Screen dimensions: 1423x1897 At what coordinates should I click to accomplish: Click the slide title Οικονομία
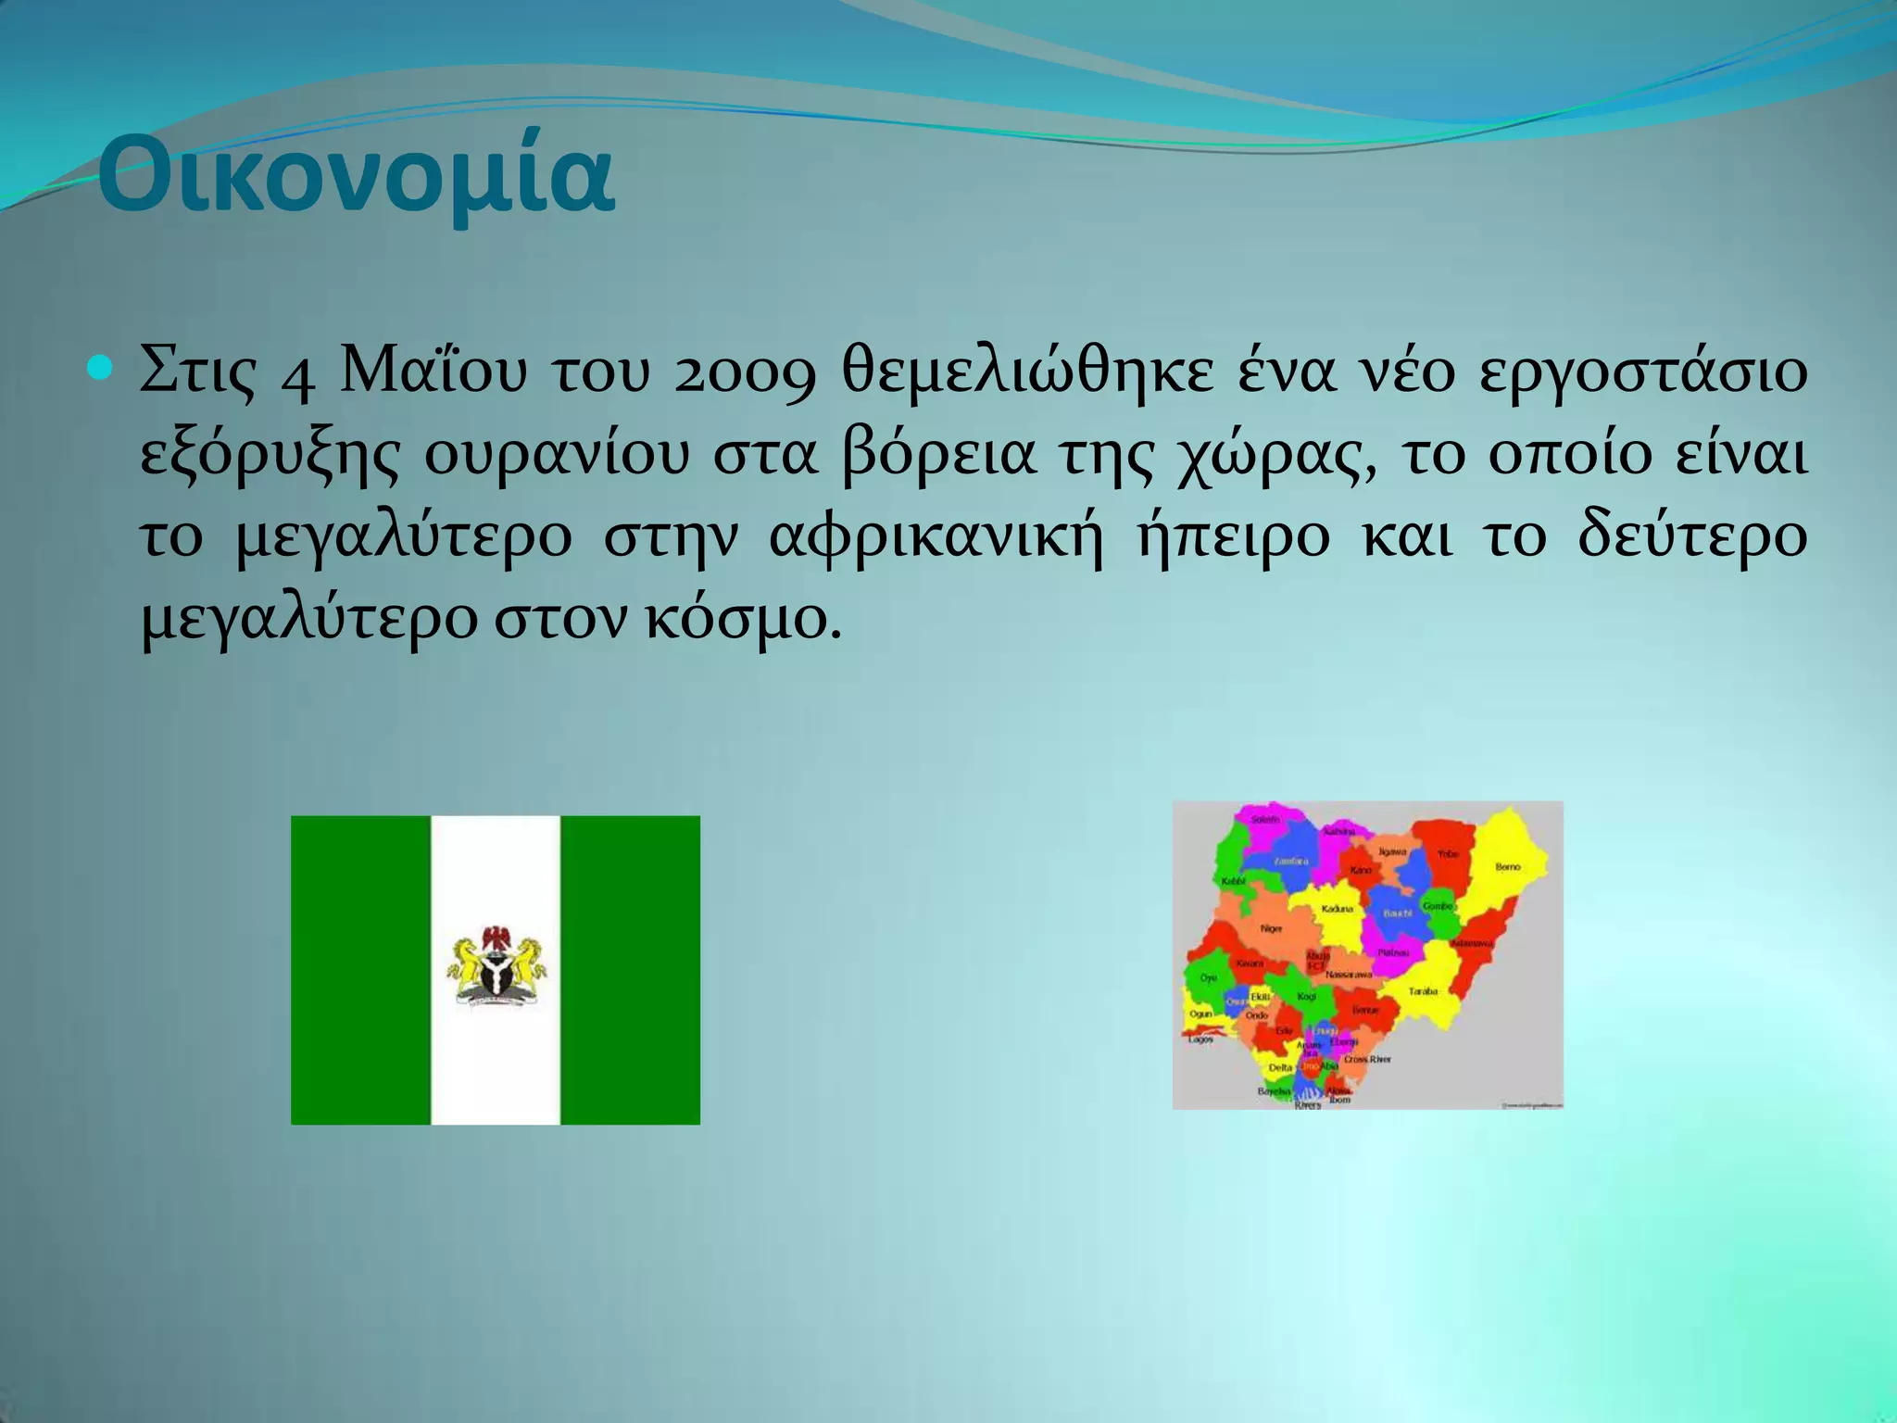click(356, 175)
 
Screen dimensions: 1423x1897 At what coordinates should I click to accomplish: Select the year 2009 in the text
click(744, 373)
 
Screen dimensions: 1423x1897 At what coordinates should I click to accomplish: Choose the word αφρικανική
click(936, 537)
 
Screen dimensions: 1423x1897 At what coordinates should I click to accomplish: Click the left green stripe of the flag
click(361, 970)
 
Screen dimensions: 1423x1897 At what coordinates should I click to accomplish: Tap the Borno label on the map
click(1507, 867)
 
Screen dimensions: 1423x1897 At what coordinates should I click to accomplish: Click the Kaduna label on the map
click(1337, 909)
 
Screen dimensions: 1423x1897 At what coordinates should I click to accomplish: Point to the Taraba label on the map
click(1423, 991)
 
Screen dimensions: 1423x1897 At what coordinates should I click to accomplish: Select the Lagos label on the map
click(1200, 1039)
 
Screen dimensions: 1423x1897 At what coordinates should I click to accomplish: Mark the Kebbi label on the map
click(1234, 881)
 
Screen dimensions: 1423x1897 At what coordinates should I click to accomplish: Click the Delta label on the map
click(1280, 1067)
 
